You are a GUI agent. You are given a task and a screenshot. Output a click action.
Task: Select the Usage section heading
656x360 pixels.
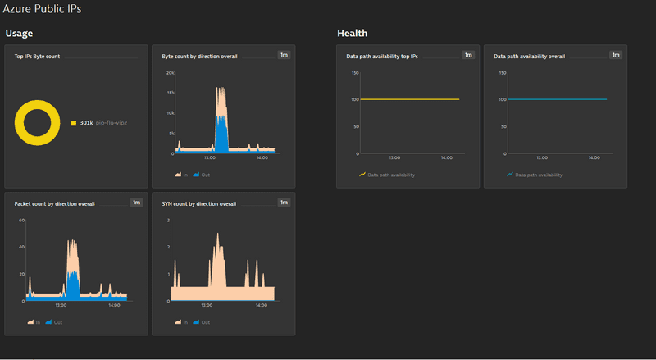[19, 34]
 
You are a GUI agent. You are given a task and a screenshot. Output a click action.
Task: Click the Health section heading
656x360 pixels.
[352, 34]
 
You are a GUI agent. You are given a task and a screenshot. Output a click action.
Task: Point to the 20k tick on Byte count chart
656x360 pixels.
[169, 73]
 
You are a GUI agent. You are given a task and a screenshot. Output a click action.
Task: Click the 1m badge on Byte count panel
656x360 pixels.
[284, 55]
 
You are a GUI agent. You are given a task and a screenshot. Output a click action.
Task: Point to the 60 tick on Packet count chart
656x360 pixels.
[22, 221]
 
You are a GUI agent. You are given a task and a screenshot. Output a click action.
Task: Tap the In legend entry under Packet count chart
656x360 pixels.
[33, 322]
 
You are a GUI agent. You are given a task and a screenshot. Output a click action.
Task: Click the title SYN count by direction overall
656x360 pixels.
[199, 203]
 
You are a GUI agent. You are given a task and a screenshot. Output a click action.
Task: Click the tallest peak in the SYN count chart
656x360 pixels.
[218, 235]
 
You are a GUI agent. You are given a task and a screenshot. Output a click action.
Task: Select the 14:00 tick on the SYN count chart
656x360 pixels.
[260, 306]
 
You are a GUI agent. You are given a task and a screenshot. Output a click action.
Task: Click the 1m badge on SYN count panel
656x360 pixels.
[284, 203]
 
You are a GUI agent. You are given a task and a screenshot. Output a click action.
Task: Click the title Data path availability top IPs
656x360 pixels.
[382, 57]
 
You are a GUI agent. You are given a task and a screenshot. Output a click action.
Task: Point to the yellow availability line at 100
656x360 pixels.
[410, 99]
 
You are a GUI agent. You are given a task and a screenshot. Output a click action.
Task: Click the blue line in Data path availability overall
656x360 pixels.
[558, 99]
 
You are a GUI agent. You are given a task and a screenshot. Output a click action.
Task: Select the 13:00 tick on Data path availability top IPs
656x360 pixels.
[394, 157]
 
